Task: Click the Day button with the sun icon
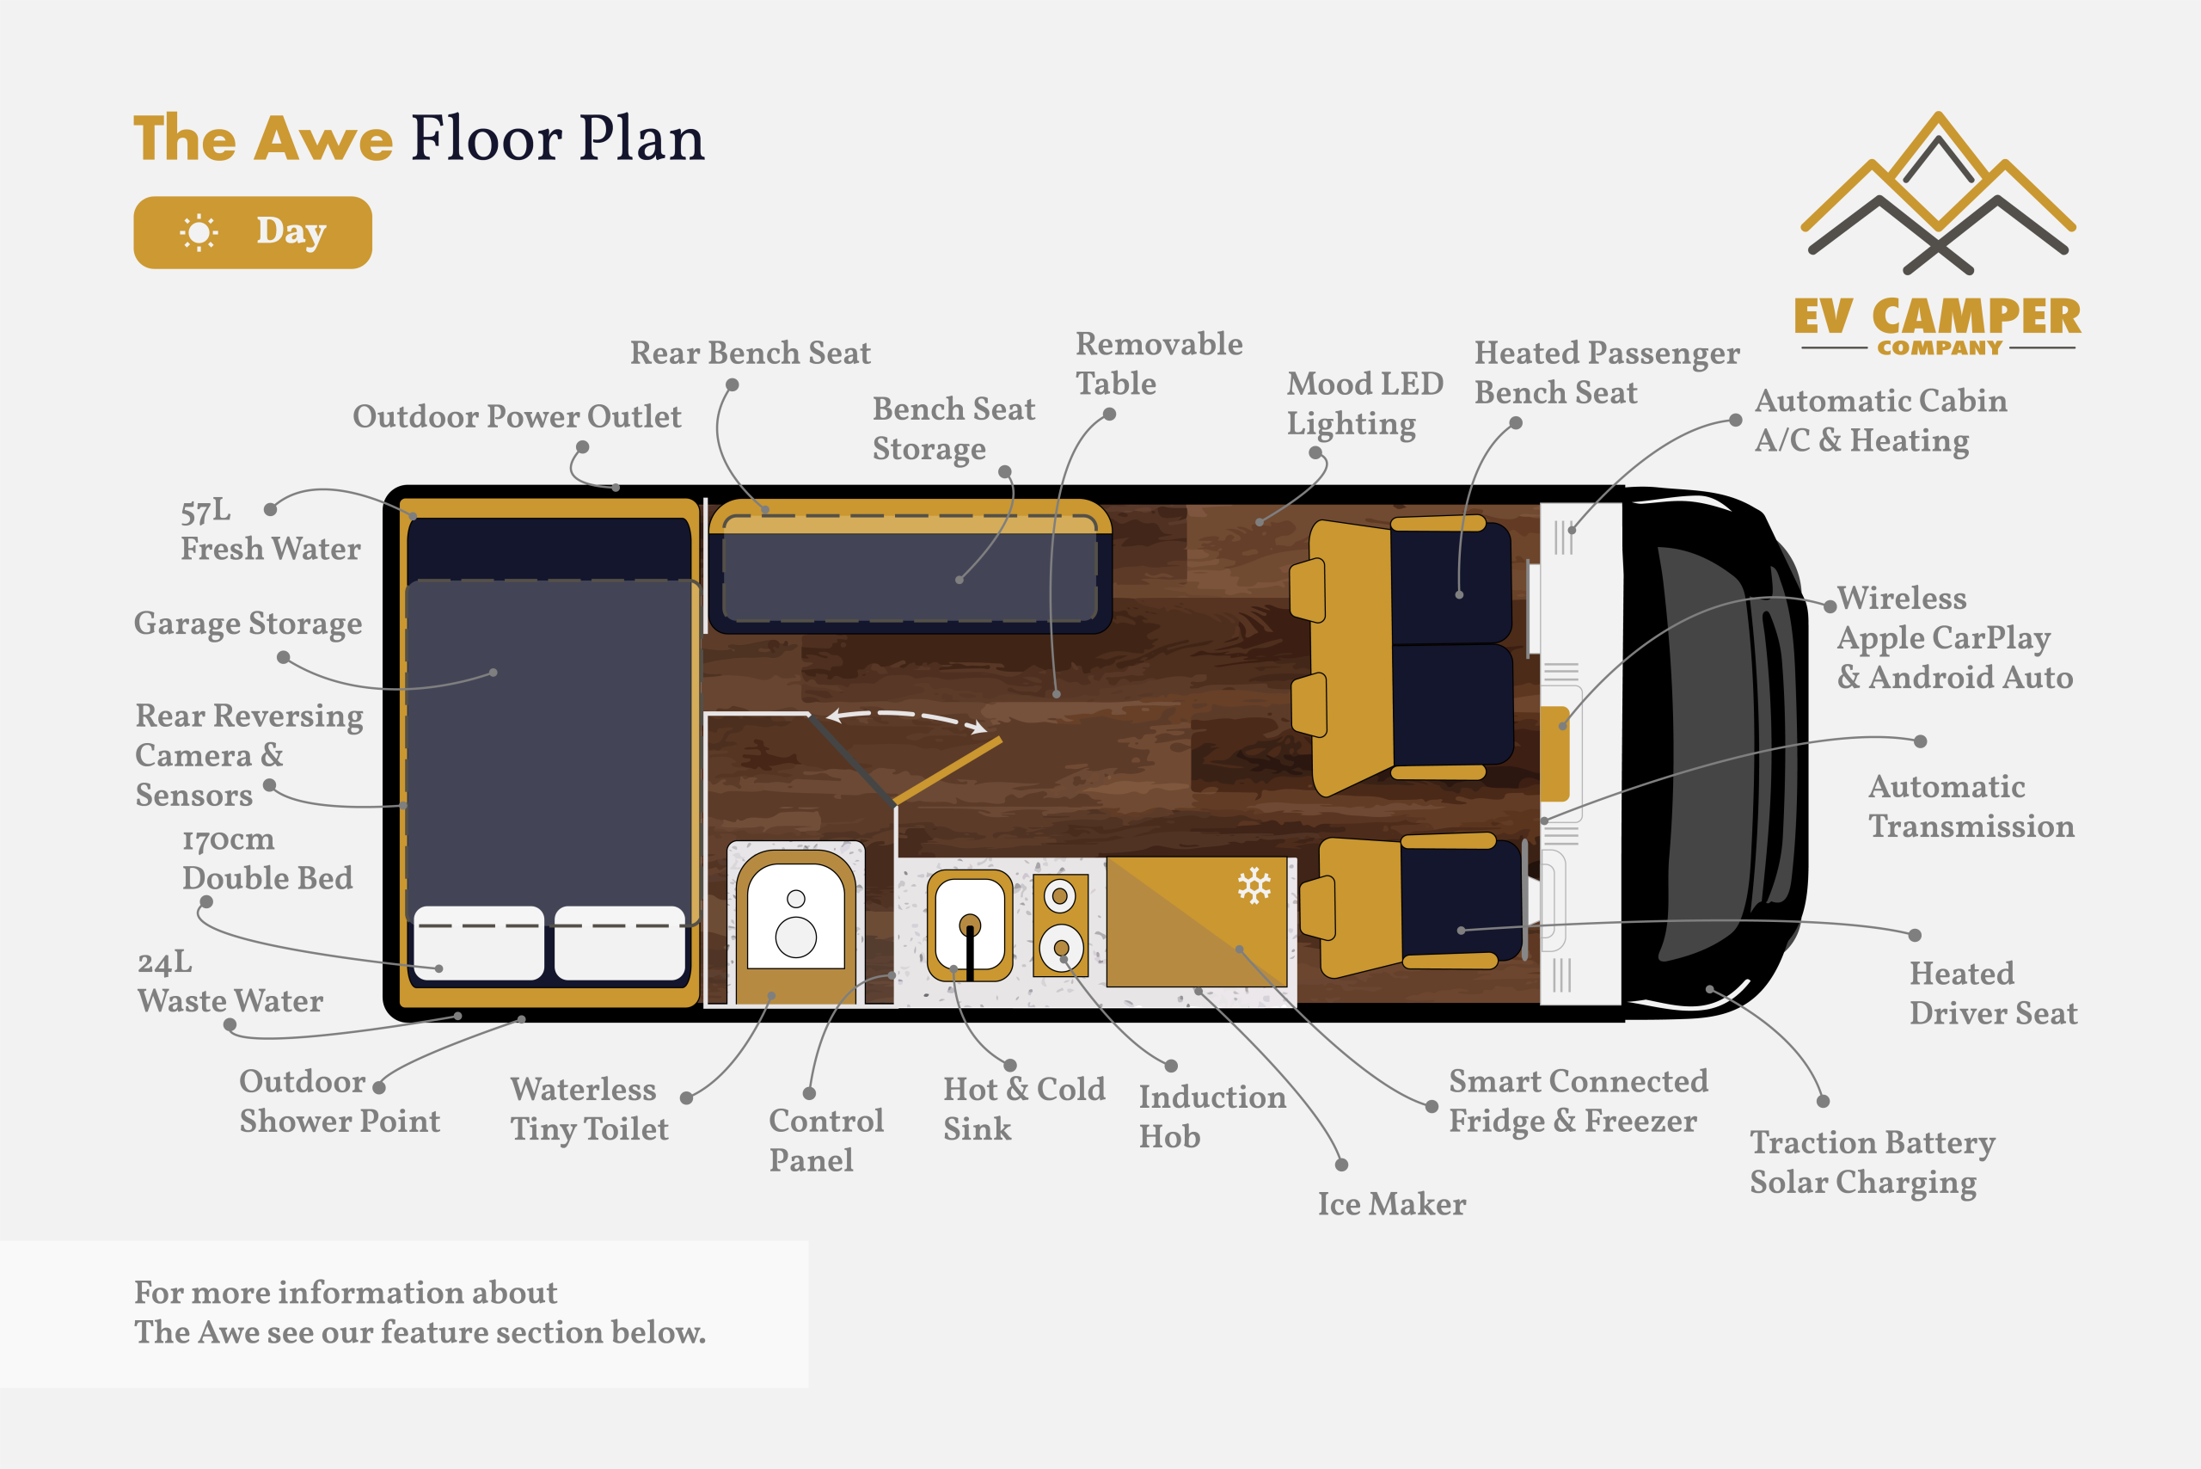253,232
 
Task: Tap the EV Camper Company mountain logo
1938,234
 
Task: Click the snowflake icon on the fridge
1254,885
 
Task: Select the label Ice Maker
1392,1204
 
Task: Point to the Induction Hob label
1212,1116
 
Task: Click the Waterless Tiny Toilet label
590,1109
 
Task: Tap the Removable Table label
1159,364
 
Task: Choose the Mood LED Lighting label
1364,403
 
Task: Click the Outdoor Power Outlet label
517,417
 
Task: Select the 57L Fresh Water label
271,529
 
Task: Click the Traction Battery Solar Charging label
1873,1163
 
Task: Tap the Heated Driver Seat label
1993,993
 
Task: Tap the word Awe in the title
324,138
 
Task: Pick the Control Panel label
826,1140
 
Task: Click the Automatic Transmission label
1971,807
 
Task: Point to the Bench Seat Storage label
953,429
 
